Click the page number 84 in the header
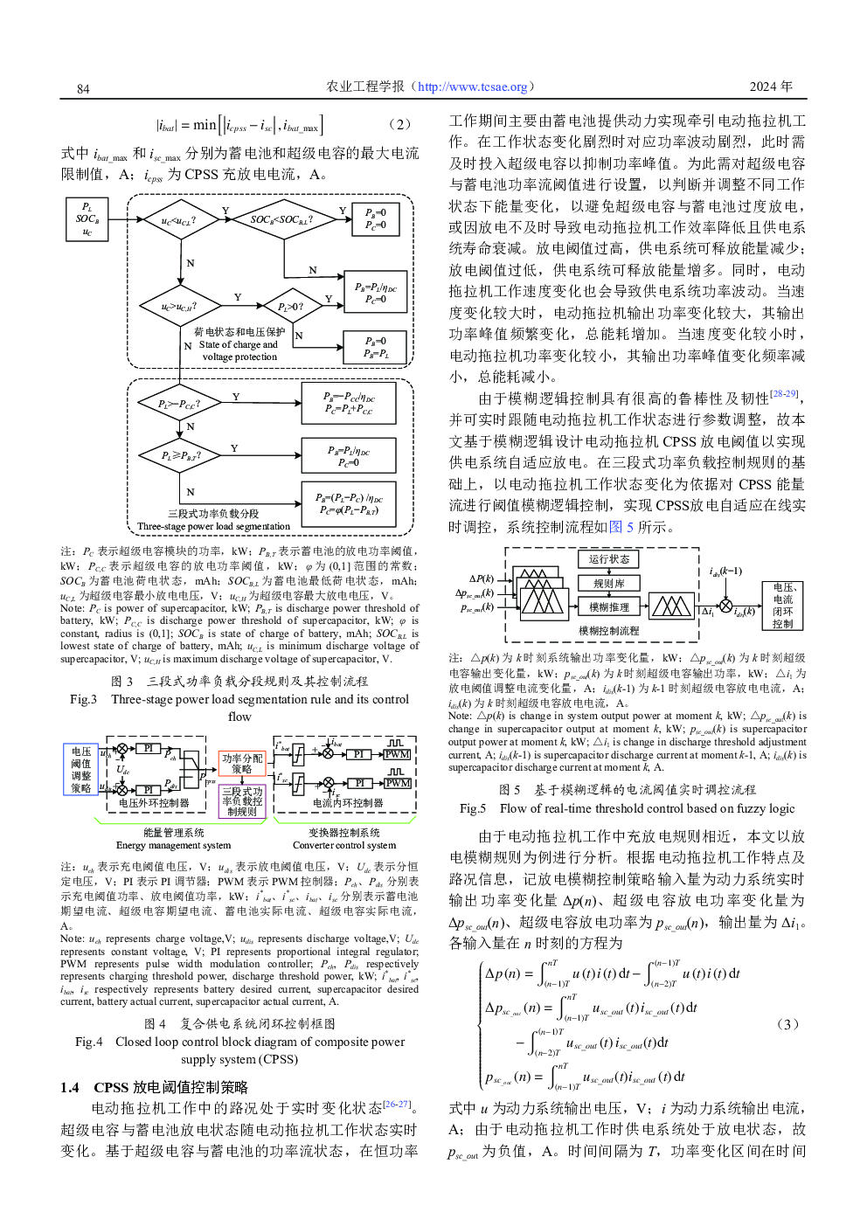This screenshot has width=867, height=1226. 83,88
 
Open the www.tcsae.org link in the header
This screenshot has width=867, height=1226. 473,87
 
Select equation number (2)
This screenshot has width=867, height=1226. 399,124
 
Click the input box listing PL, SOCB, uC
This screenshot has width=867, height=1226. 87,219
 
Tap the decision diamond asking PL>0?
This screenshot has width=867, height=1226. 292,307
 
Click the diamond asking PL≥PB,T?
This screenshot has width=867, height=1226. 181,455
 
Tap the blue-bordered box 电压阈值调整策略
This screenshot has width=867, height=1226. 81,770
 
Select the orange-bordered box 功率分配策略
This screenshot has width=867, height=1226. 242,764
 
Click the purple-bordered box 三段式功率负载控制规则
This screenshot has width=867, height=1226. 242,801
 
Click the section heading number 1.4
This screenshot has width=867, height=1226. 70,1087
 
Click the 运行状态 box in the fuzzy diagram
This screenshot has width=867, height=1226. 608,559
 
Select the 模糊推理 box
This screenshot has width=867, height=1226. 608,607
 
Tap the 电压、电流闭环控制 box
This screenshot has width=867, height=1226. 782,606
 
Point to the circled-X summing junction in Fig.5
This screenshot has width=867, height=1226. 725,606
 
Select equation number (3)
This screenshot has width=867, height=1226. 787,1024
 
